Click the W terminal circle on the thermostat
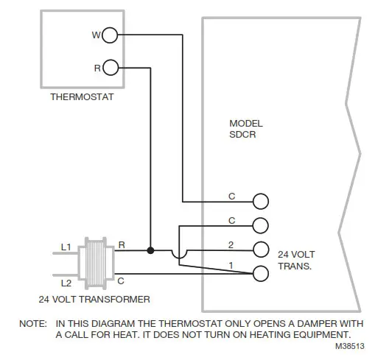click(109, 35)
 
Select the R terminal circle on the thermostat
click(109, 68)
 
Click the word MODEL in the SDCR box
click(245, 124)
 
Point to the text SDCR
click(242, 135)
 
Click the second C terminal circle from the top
click(260, 225)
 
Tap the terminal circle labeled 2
click(260, 249)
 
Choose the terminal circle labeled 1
click(260, 273)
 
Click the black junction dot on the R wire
click(150, 250)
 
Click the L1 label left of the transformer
click(65, 248)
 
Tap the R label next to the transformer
click(121, 243)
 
